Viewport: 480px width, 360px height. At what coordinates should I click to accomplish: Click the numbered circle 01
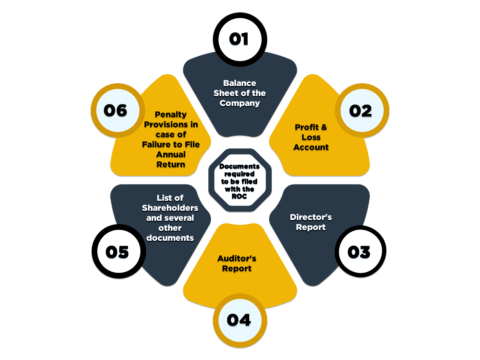click(239, 39)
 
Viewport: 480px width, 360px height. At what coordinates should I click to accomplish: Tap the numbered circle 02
click(361, 111)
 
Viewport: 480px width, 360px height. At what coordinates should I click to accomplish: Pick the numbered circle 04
click(239, 320)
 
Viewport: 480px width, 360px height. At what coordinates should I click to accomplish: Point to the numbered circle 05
click(117, 252)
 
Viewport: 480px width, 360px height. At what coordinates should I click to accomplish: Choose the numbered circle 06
click(116, 110)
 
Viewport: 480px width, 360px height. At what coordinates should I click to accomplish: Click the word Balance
click(240, 83)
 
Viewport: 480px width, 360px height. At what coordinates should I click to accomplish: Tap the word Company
click(240, 103)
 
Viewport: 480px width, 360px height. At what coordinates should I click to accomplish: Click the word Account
click(311, 147)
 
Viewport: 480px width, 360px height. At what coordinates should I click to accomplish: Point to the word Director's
click(311, 217)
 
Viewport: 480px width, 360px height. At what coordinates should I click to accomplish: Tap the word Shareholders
click(170, 208)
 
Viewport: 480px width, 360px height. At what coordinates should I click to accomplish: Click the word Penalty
click(171, 115)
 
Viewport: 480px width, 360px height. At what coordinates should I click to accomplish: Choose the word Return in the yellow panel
click(171, 164)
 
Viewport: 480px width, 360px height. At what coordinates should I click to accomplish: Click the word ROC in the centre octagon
click(240, 196)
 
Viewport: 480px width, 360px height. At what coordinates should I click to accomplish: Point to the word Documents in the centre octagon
click(240, 166)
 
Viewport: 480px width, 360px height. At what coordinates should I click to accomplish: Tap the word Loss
click(311, 137)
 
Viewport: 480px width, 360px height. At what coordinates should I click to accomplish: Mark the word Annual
click(171, 154)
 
